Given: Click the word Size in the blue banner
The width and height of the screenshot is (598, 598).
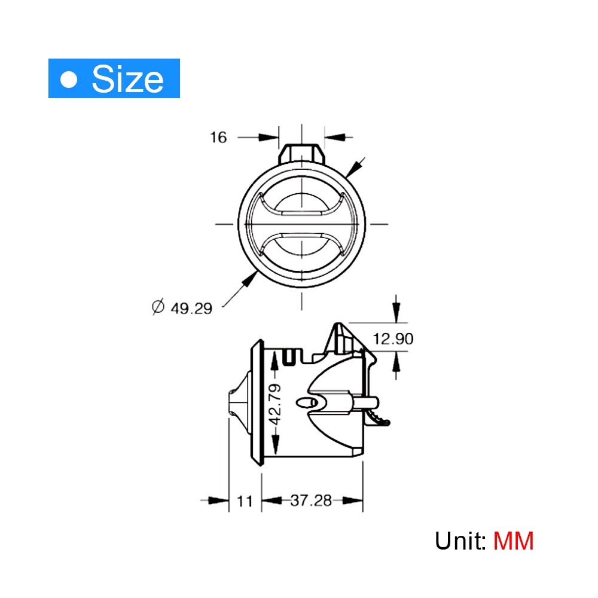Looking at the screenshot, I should pyautogui.click(x=127, y=79).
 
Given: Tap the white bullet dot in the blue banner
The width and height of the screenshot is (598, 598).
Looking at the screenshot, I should pyautogui.click(x=70, y=79).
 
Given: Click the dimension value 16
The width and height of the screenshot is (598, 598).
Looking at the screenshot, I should pyautogui.click(x=218, y=138).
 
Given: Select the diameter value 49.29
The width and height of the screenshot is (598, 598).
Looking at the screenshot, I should pyautogui.click(x=191, y=309).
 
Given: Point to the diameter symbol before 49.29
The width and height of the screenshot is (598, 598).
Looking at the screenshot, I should pyautogui.click(x=158, y=308).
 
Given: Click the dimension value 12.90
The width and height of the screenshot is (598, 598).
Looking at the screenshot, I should pyautogui.click(x=393, y=339).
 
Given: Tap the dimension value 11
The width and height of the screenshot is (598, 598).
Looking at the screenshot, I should pyautogui.click(x=245, y=501).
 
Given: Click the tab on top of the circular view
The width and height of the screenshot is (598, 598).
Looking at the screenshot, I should pyautogui.click(x=302, y=153).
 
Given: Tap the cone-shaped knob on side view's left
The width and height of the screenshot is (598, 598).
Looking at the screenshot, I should pyautogui.click(x=239, y=403).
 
